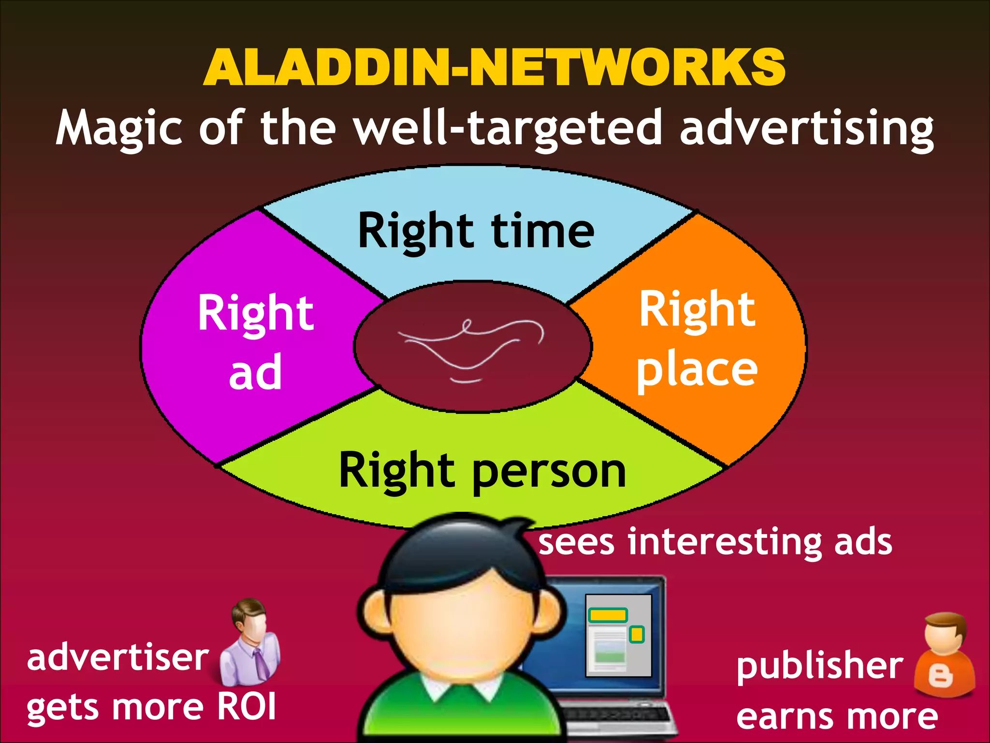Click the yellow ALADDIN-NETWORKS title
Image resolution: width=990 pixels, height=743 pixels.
(494, 68)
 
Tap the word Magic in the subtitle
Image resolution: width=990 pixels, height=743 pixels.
(119, 129)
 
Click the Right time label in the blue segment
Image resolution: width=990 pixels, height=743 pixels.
(476, 231)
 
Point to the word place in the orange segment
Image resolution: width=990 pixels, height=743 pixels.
(697, 371)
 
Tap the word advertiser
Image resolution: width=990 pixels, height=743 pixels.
(117, 658)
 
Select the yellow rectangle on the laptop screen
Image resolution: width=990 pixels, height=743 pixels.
(607, 615)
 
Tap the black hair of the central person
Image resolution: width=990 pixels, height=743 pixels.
(459, 551)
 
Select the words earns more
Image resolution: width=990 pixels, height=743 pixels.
(836, 717)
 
